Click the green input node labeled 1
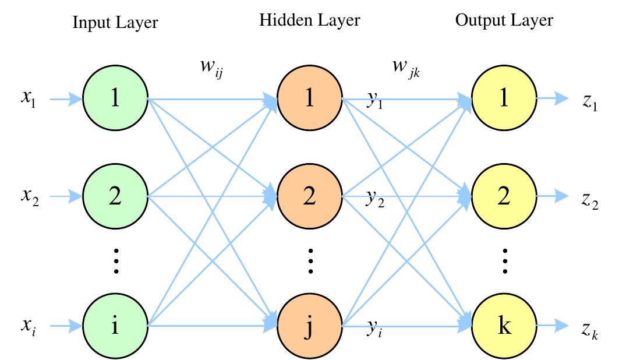[x=115, y=98]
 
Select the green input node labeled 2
[x=115, y=196]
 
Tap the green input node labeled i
[x=115, y=325]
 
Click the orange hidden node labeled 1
[x=310, y=98]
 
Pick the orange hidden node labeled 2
[x=310, y=196]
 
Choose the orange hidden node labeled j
[x=310, y=325]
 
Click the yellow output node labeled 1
[x=504, y=98]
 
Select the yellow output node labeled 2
[x=504, y=196]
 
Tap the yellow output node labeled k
[x=504, y=325]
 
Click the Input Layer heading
[x=115, y=23]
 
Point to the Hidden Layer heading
[x=310, y=21]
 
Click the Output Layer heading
[x=504, y=21]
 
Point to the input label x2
[x=28, y=198]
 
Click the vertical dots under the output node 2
[x=504, y=260]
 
